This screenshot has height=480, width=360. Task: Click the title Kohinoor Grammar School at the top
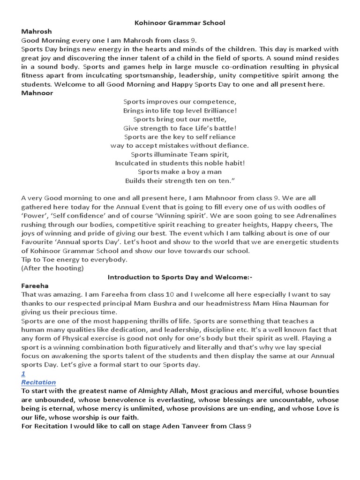point(180,22)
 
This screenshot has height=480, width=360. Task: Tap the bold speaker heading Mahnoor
point(37,93)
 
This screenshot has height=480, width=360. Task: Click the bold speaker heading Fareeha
point(35,285)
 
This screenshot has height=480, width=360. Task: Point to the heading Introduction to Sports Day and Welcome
point(180,277)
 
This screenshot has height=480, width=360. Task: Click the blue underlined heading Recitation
point(38,382)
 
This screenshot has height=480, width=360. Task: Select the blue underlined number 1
point(23,373)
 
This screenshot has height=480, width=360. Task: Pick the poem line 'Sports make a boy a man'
point(180,172)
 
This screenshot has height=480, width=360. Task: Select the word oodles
point(307,207)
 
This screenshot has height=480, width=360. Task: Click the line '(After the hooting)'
point(52,268)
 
